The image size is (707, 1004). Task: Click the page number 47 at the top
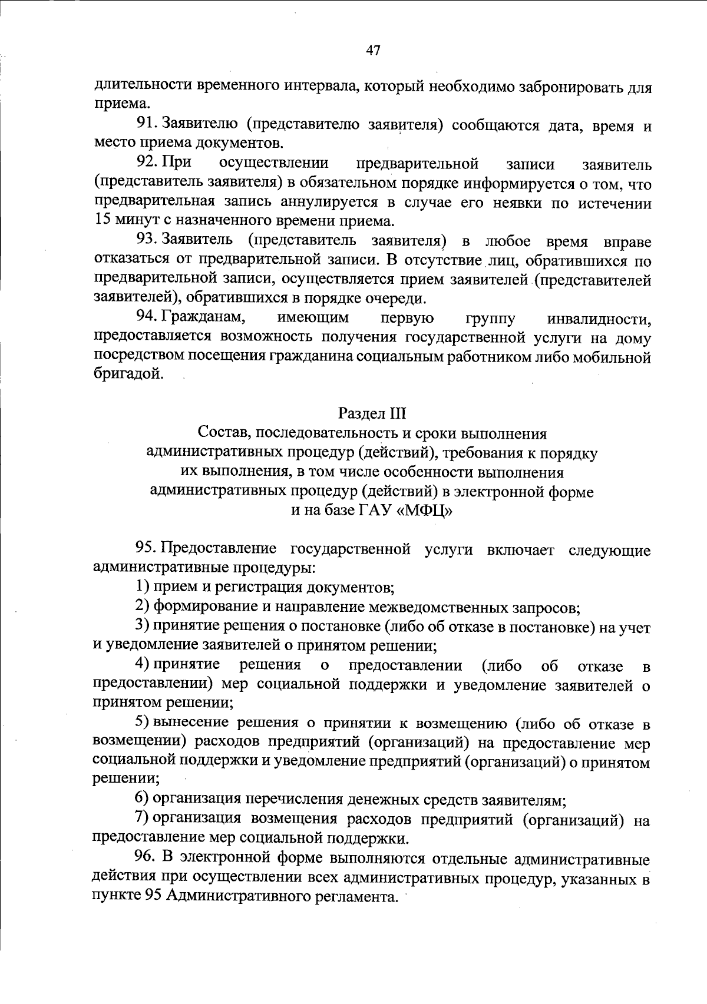point(373,51)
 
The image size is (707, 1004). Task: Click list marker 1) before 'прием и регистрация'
point(142,587)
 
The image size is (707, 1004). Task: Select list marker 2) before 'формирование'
point(142,607)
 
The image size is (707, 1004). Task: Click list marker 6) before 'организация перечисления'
point(142,798)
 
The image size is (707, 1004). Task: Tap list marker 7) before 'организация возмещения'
point(142,819)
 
